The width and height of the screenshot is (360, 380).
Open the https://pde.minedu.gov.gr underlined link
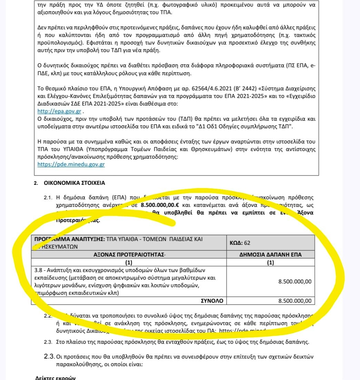[71, 164]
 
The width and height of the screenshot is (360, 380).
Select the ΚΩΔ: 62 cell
[240, 243]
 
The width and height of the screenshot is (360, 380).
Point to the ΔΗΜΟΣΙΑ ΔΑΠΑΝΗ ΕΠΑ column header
[270, 255]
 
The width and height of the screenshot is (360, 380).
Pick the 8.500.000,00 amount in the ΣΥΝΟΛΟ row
[294, 301]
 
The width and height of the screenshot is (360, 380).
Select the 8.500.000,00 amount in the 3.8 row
[294, 281]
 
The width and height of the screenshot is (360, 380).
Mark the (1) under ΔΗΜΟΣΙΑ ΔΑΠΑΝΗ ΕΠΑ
[270, 262]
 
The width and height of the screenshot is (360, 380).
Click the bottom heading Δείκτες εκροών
[56, 378]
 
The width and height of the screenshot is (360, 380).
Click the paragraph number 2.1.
[48, 198]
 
